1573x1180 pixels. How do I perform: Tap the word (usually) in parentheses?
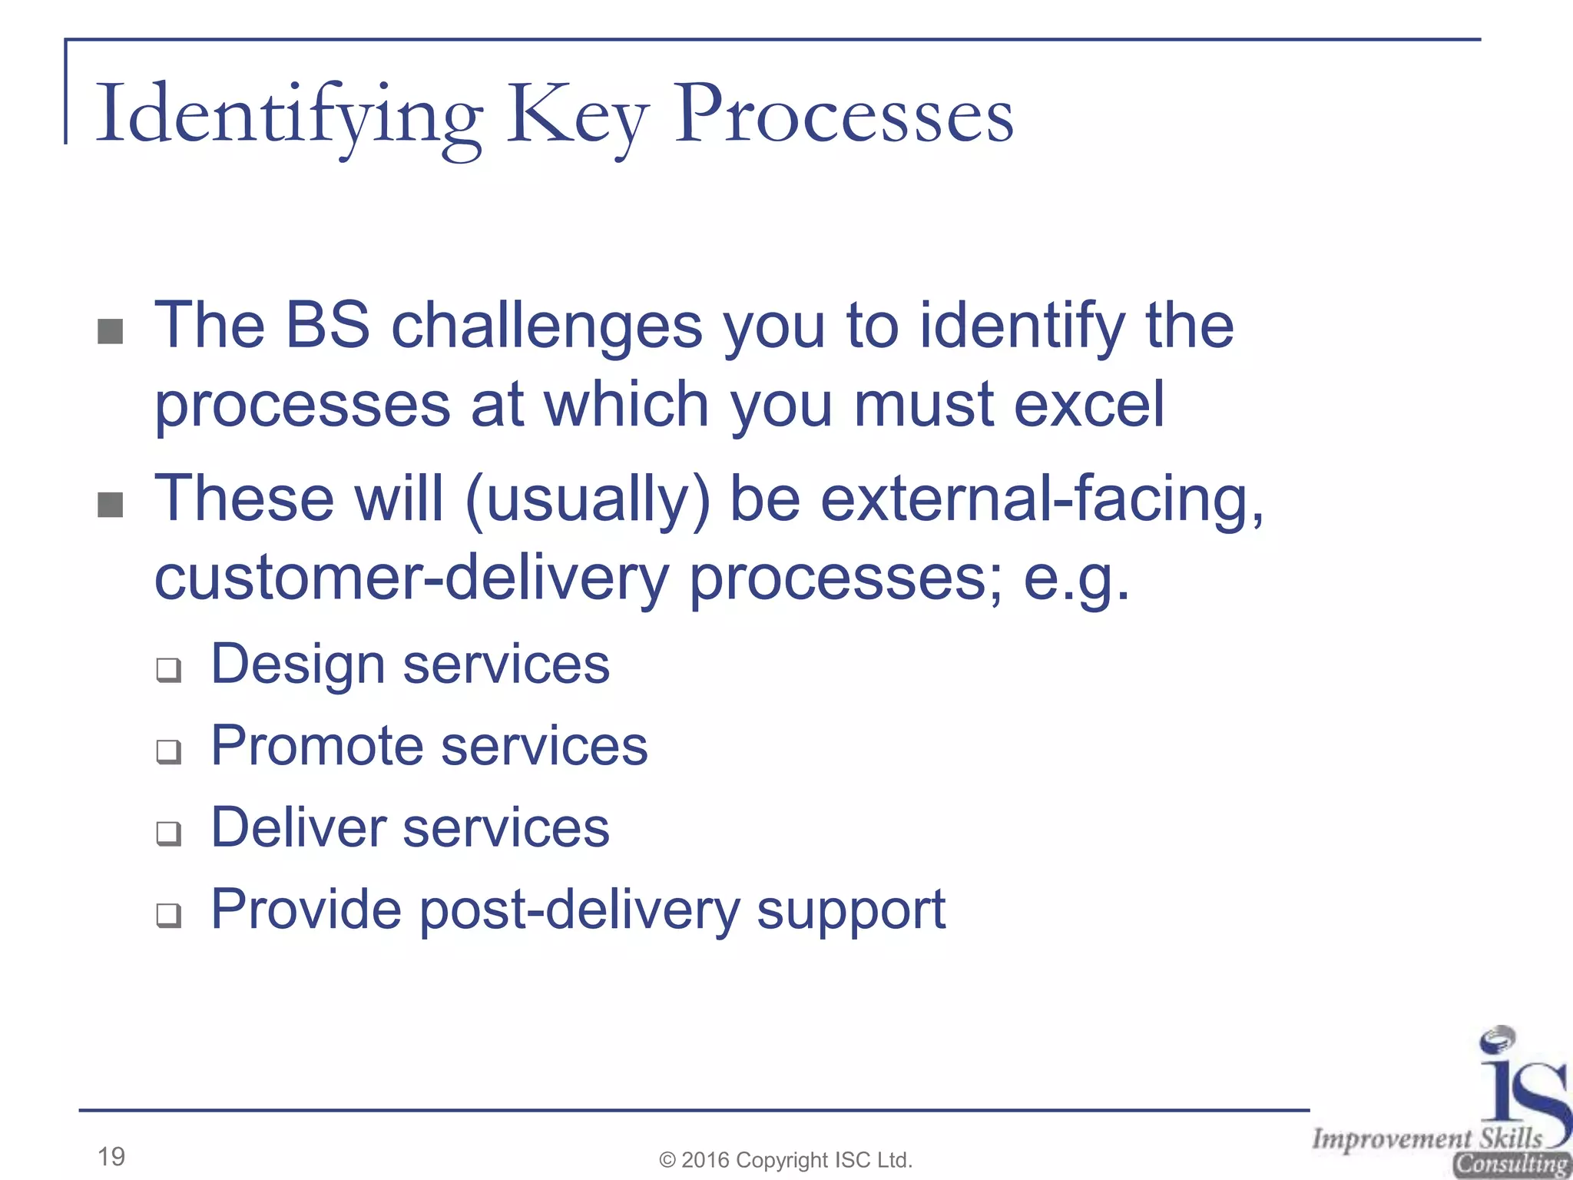[588, 499]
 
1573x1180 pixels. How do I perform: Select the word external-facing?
[1042, 499]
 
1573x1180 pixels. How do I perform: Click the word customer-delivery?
[412, 578]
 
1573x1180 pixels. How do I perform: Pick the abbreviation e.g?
[1077, 578]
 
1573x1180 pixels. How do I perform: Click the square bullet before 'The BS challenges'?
[111, 332]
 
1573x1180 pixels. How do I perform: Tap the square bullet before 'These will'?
[111, 505]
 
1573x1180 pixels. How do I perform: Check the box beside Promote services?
[169, 751]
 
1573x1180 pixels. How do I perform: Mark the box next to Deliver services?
[169, 833]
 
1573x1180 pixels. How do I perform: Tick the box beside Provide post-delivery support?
[169, 914]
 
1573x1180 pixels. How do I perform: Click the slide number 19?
[111, 1155]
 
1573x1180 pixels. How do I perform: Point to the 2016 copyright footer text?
[786, 1159]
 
